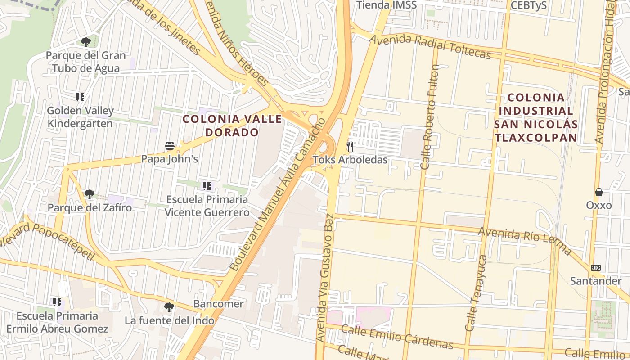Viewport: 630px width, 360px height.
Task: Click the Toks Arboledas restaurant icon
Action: [x=350, y=146]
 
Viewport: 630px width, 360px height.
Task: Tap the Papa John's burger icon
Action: [x=170, y=146]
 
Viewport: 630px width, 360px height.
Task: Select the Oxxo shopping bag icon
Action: [x=599, y=192]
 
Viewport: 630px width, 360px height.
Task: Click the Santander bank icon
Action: [x=596, y=268]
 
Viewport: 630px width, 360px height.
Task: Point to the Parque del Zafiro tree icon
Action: [x=90, y=194]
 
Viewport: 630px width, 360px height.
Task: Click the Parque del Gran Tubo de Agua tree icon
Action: [x=85, y=42]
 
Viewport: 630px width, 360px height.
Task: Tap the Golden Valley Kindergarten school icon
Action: [x=80, y=97]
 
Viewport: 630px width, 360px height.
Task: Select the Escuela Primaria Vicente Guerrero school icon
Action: [x=207, y=186]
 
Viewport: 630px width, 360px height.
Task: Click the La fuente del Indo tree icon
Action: [x=169, y=307]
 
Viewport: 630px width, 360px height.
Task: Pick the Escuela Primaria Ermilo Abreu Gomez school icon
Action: [x=57, y=302]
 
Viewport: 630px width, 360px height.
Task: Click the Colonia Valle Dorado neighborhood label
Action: [x=232, y=126]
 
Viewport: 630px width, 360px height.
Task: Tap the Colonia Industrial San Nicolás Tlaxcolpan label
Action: [x=535, y=117]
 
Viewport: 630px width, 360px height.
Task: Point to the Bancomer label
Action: [x=218, y=304]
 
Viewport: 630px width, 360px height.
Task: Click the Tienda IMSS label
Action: [x=387, y=5]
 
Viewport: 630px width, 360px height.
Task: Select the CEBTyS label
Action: [x=529, y=5]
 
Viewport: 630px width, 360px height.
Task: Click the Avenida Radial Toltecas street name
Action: [x=430, y=46]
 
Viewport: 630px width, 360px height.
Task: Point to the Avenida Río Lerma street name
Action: [x=524, y=239]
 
